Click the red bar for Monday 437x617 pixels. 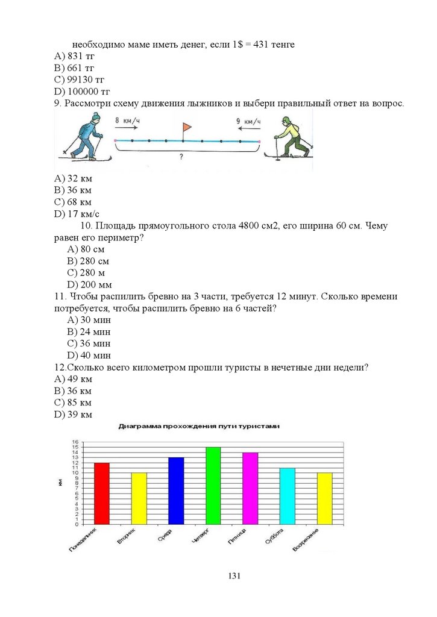(102, 493)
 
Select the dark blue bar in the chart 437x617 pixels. (176, 490)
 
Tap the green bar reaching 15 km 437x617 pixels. (213, 486)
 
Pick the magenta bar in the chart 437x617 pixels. (250, 488)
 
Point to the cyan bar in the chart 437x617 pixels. (288, 496)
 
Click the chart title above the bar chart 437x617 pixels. (199, 426)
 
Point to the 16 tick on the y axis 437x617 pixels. (76, 442)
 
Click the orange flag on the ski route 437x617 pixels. (186, 127)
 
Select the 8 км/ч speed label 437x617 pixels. (128, 121)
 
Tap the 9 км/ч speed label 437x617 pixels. (248, 121)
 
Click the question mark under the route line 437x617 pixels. (181, 156)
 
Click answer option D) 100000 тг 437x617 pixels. (82, 92)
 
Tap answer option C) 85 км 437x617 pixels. (72, 402)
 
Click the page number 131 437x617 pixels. (234, 577)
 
